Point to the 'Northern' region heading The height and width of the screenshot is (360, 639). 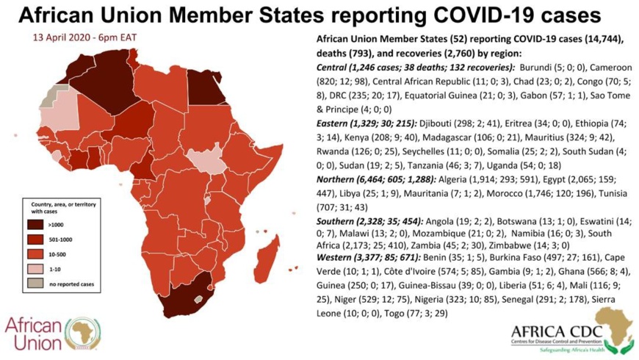click(339, 179)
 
